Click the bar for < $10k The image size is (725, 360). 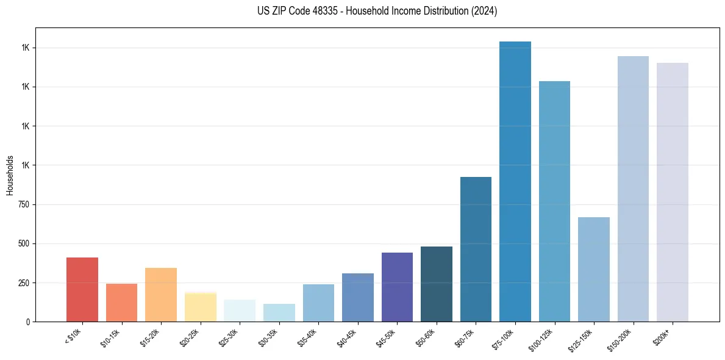[82, 289]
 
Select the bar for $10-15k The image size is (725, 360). [121, 302]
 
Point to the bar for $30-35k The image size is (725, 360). [279, 312]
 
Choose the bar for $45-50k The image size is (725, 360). [397, 287]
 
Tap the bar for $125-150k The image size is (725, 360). [594, 269]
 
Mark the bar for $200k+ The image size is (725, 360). [673, 192]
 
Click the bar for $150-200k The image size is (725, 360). [633, 189]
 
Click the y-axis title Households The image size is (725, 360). [10, 175]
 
